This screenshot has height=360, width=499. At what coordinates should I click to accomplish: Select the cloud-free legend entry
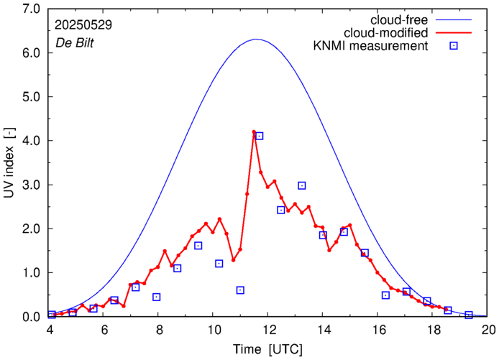coord(402,19)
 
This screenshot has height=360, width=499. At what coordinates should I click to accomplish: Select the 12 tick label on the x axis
coord(269,331)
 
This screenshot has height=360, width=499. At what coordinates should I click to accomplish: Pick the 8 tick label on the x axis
coord(159,331)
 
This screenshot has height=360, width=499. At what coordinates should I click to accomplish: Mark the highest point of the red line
coord(254,132)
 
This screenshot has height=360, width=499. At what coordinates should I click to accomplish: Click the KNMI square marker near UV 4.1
coord(260,136)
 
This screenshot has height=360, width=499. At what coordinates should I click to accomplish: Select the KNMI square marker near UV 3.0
coord(302,185)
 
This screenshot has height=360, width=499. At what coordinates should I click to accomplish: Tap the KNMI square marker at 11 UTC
coord(240,290)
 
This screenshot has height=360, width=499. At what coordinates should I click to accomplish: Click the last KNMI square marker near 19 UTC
coord(469,315)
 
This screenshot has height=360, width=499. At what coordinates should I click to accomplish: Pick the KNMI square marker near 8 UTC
coord(156,297)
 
